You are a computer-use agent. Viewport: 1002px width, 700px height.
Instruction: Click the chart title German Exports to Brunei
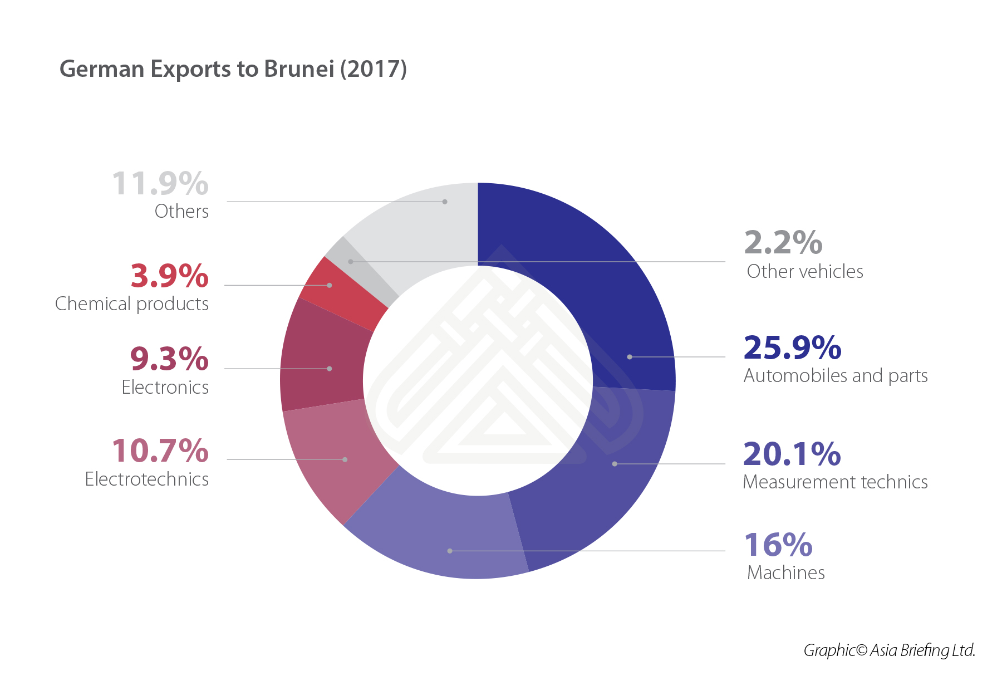coord(233,69)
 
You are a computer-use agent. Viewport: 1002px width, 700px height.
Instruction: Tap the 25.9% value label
coord(792,347)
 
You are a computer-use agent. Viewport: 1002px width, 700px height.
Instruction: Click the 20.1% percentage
coord(792,454)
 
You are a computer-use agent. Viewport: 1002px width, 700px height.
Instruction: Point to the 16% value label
coord(778,545)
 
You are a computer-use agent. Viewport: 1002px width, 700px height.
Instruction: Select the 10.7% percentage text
coord(160,451)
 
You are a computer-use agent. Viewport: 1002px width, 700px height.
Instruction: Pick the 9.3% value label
coord(169,359)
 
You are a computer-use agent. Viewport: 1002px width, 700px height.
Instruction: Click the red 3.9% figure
coord(169,276)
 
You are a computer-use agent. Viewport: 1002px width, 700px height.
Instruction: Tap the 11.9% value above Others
coord(160,183)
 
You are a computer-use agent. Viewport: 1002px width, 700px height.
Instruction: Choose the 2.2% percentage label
coord(783,242)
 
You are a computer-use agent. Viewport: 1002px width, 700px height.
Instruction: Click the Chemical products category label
coord(132,304)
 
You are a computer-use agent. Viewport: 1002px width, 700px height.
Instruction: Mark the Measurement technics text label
coord(835,482)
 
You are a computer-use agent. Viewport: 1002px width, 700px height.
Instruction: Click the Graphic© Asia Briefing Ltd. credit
coord(889,650)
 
